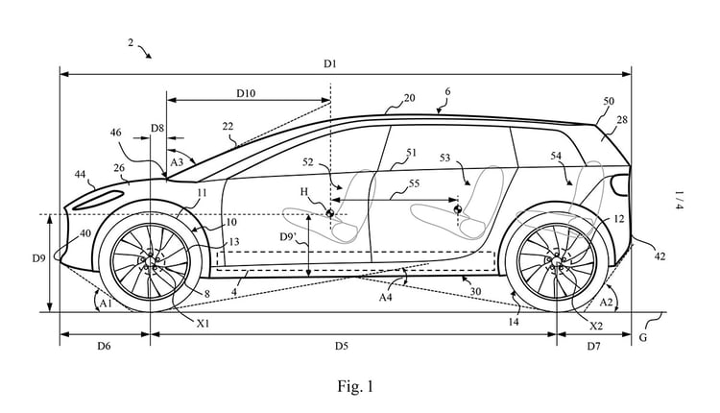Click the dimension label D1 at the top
(329, 63)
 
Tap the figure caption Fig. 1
(354, 387)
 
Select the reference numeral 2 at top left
(132, 43)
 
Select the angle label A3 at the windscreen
(176, 163)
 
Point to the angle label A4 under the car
(386, 298)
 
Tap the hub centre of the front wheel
(150, 259)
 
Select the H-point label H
(304, 192)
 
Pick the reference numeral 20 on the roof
(409, 98)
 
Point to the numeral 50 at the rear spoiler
(609, 101)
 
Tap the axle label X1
(204, 324)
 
